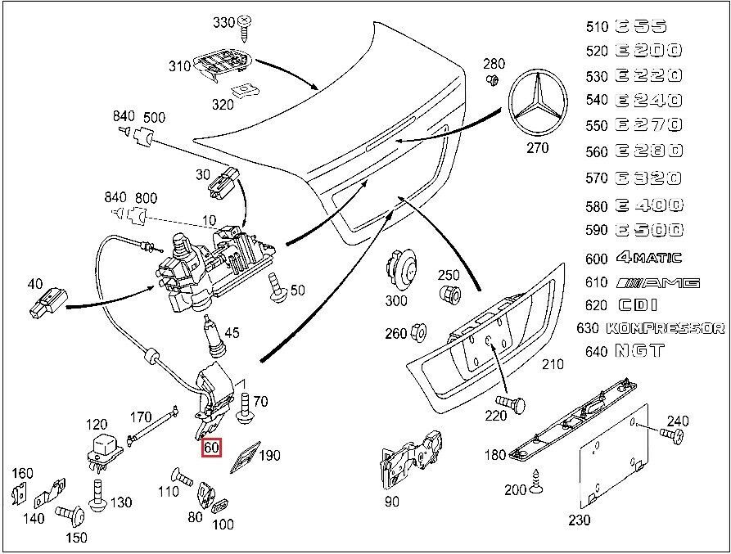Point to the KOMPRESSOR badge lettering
click(665, 328)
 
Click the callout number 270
click(537, 148)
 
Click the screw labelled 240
click(676, 439)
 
